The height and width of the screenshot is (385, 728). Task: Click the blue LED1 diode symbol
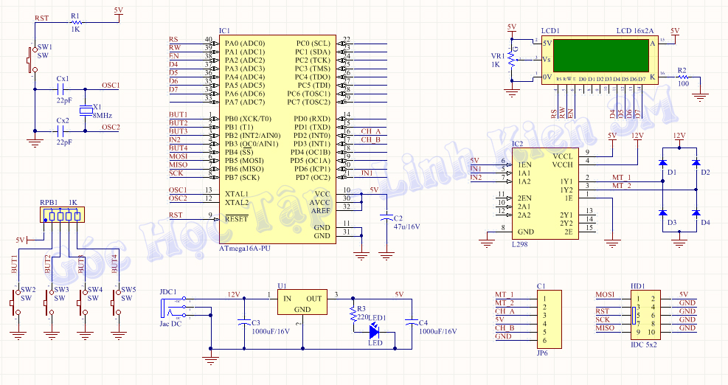point(374,331)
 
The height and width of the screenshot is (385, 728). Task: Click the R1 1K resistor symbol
point(74,24)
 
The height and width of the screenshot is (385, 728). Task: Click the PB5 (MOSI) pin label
point(244,160)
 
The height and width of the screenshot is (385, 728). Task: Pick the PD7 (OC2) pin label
point(313,177)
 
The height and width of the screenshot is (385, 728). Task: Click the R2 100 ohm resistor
point(683,77)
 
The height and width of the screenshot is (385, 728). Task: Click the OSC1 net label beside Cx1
point(111,86)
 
